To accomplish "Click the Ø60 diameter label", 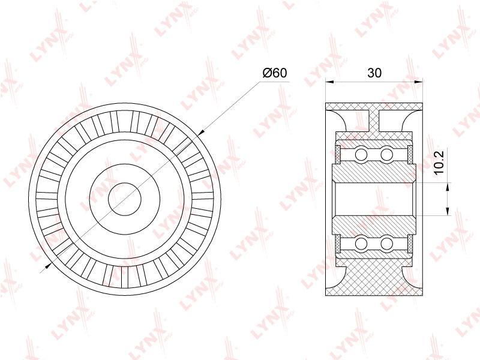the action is pos(275,73).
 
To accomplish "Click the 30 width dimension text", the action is pos(374,73).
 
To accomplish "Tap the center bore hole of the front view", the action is pos(125,199).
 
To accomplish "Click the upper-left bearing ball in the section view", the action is pos(361,154).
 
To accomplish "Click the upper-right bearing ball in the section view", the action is pos(386,154).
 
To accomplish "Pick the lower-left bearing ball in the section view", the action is pos(361,244).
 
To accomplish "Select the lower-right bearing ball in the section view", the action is pos(386,244).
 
